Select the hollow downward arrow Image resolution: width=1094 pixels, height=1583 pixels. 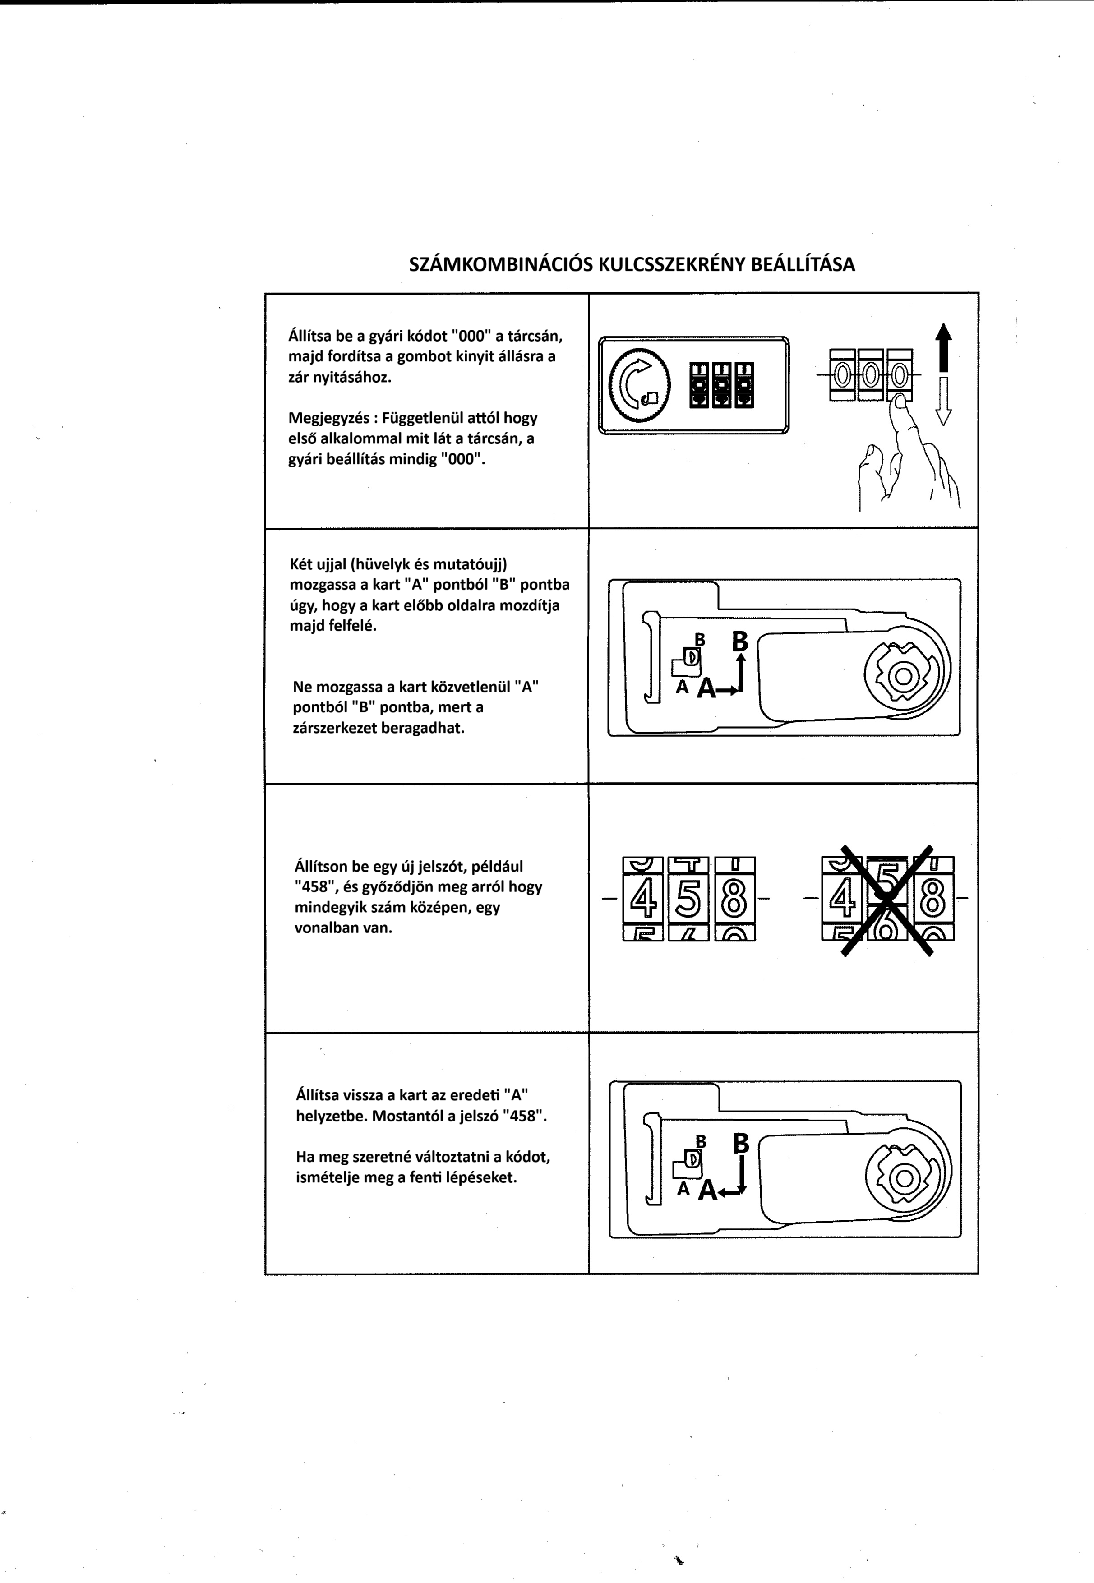pos(944,401)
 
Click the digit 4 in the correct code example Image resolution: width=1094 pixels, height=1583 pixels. pos(643,898)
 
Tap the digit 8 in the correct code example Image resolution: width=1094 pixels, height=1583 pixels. pos(734,898)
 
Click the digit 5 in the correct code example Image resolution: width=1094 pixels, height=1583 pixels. pos(688,898)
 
